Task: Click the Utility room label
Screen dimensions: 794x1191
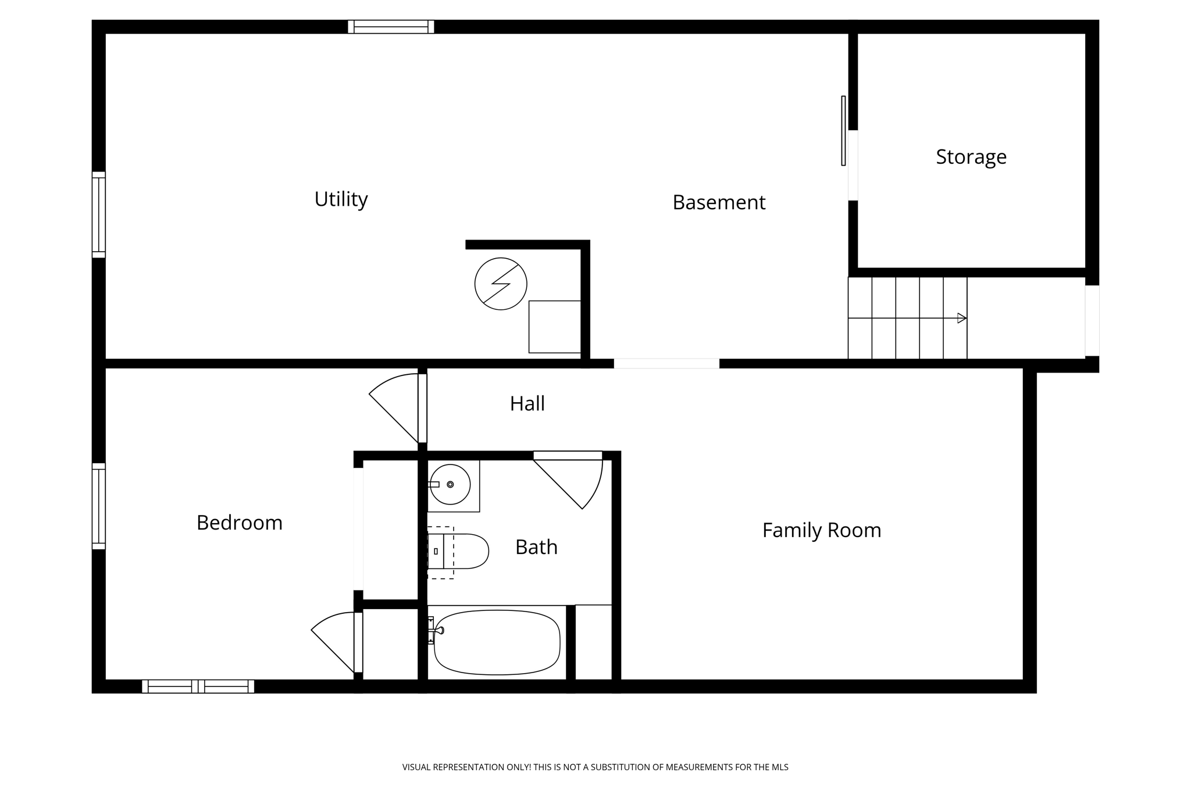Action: (x=341, y=199)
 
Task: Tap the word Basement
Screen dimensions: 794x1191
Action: (x=719, y=202)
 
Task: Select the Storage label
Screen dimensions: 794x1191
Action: (x=971, y=157)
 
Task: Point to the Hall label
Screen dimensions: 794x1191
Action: (x=527, y=403)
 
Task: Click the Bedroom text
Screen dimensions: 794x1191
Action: (x=239, y=523)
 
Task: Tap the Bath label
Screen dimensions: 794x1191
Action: (x=536, y=547)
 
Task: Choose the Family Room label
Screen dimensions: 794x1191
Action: (x=821, y=530)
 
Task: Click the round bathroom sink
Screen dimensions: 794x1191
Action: (x=450, y=484)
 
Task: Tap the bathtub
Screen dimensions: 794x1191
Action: (x=497, y=642)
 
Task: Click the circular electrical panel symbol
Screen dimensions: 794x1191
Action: (x=501, y=284)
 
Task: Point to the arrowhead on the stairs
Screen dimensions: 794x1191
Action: (x=961, y=318)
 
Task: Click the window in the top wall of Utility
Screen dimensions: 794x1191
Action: (x=391, y=27)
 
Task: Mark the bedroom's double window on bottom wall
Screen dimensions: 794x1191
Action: (x=198, y=686)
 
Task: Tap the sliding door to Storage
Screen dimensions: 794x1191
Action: (x=843, y=131)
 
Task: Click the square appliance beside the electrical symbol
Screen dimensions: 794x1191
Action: (x=554, y=327)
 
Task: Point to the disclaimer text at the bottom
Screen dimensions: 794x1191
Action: (x=595, y=767)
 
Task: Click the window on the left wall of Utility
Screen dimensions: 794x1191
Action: (x=99, y=214)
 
